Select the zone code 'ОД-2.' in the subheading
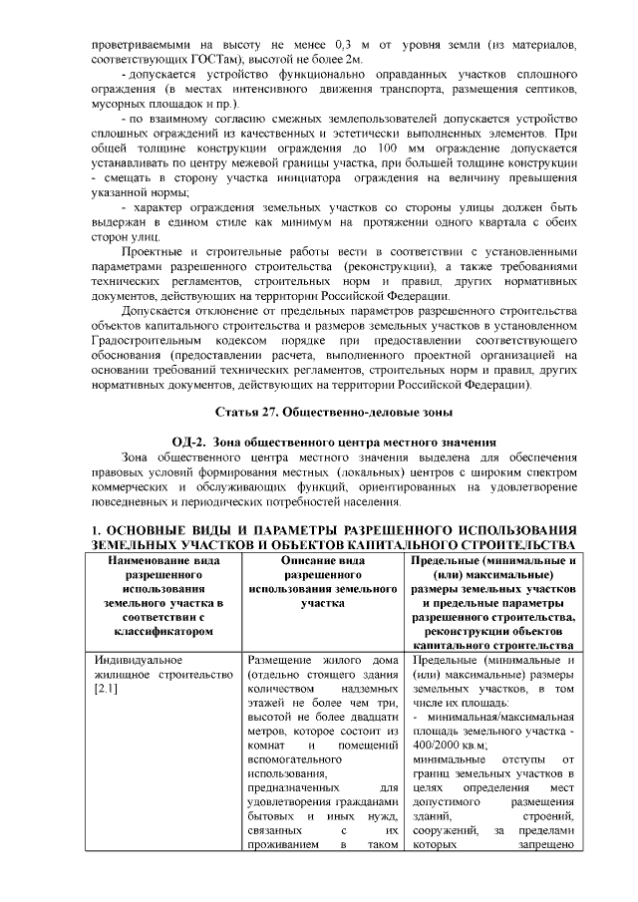pyautogui.click(x=190, y=443)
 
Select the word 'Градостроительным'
pyautogui.click(x=147, y=339)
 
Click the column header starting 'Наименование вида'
pyautogui.click(x=163, y=561)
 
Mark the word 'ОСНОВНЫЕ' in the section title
pyautogui.click(x=157, y=530)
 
